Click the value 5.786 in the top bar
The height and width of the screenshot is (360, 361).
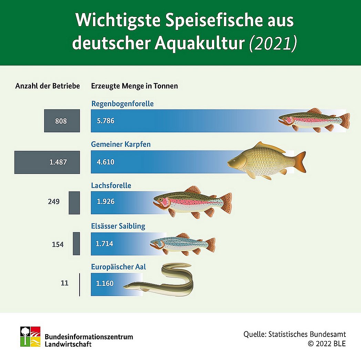105,121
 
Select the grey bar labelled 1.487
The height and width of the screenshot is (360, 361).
47,162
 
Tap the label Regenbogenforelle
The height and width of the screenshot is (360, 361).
122,104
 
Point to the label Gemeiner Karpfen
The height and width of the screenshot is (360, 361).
121,144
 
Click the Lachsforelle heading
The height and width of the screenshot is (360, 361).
111,186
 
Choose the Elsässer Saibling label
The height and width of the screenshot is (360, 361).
118,226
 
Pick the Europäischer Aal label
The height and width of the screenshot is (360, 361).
118,267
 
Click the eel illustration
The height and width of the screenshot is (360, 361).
162,281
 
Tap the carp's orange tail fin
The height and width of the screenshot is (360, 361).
300,162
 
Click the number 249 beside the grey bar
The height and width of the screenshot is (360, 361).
54,202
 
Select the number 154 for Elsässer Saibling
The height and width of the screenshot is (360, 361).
58,244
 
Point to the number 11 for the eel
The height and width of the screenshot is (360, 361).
64,284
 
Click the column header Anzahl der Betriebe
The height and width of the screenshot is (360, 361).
48,86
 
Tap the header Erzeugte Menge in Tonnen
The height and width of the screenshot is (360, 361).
134,86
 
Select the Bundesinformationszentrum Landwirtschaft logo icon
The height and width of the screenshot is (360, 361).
30,337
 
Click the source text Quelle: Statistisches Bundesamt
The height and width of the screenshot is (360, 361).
295,334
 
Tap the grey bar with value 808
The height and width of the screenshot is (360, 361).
62,121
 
